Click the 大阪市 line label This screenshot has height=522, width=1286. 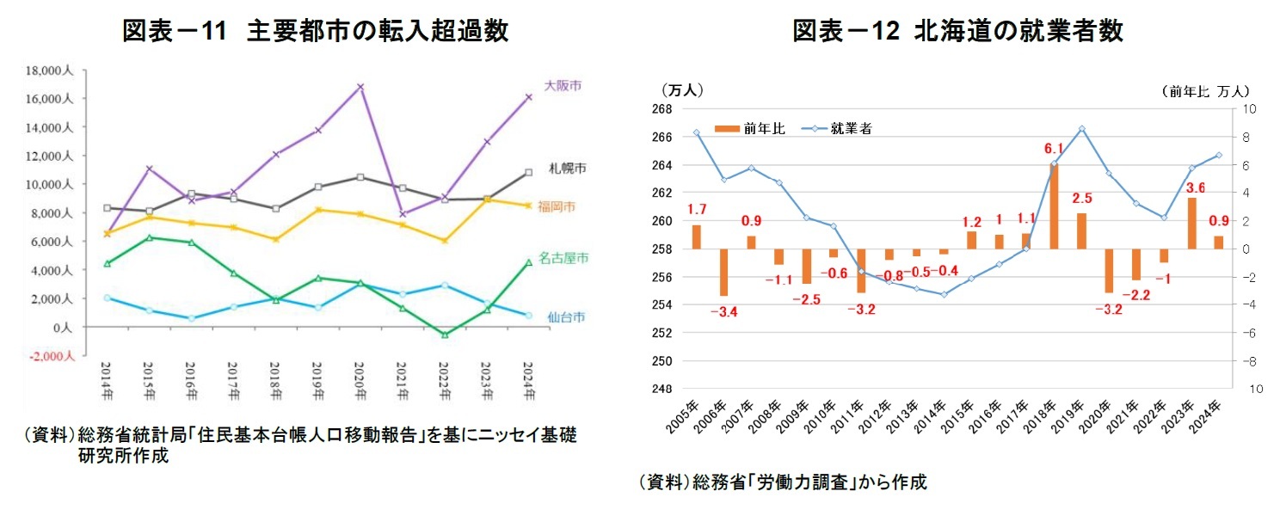[563, 85]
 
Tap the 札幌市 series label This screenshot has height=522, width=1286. [567, 168]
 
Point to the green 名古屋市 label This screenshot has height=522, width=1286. [563, 258]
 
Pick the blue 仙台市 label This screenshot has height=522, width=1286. [566, 316]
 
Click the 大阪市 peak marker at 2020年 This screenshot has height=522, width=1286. [360, 87]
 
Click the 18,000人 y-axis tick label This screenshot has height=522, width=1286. [52, 71]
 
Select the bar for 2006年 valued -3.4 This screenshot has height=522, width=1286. [724, 273]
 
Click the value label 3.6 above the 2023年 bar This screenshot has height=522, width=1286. [1195, 187]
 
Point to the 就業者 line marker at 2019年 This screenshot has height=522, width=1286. [1081, 129]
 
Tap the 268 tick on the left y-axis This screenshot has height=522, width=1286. [661, 109]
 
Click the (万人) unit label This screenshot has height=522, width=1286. [682, 89]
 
